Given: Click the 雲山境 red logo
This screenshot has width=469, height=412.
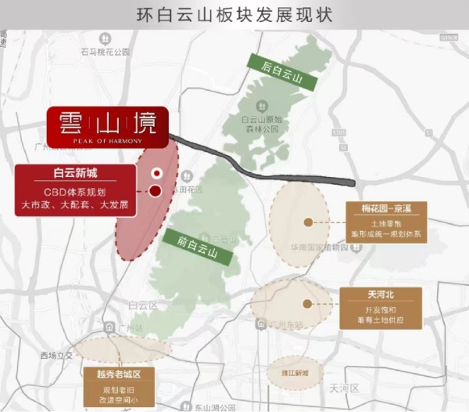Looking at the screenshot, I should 106,126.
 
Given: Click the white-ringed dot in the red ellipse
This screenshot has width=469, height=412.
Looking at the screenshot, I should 157,173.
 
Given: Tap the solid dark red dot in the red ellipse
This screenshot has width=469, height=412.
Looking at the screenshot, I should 155,190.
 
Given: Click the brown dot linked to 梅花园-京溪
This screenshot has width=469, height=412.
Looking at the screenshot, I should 309,222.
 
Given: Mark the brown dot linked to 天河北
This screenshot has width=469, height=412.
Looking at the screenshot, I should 309,303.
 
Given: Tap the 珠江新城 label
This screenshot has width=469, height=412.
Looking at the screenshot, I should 295,372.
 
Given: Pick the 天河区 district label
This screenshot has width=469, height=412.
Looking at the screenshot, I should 343,388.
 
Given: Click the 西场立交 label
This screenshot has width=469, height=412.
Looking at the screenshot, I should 56,356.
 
